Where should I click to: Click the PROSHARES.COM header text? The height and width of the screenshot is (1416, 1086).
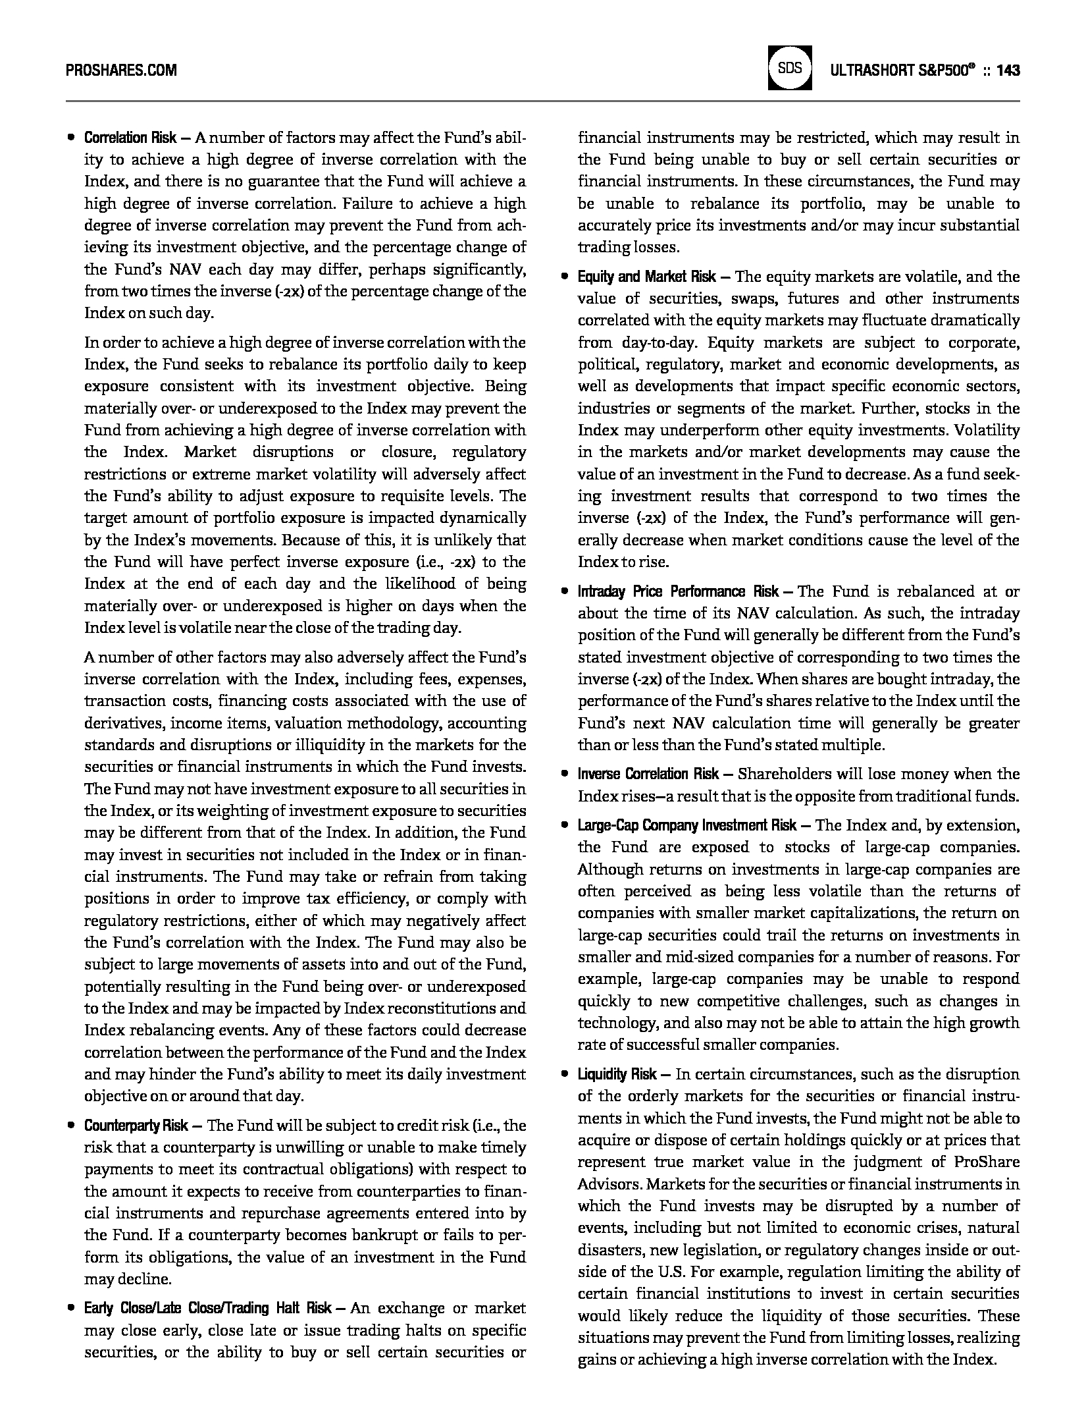click(121, 70)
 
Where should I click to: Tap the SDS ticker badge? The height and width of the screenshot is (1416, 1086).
click(790, 68)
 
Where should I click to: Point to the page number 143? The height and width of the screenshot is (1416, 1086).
click(1008, 70)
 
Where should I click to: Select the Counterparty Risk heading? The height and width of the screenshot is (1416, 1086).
click(136, 1126)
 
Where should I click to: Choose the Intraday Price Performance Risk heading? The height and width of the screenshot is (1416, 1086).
click(678, 591)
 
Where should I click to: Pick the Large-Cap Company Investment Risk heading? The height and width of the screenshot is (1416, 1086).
click(687, 825)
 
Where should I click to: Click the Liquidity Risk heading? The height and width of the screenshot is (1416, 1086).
click(617, 1074)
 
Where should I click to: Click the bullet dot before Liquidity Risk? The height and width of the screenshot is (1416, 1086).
click(564, 1074)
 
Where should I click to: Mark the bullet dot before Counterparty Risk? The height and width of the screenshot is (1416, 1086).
click(70, 1126)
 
